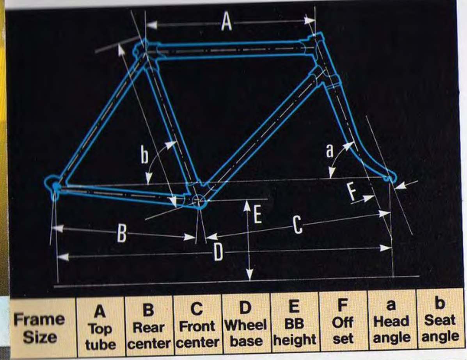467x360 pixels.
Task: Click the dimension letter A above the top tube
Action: click(227, 22)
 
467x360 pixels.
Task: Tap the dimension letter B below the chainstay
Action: click(121, 233)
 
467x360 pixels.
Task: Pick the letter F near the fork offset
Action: click(352, 192)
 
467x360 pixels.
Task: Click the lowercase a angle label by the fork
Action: click(329, 151)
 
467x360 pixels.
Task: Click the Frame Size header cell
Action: click(40, 328)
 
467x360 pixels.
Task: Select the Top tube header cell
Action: click(100, 327)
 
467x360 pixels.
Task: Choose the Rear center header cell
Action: click(149, 326)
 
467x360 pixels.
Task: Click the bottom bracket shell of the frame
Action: click(198, 201)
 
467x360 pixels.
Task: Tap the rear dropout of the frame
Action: click(54, 185)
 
